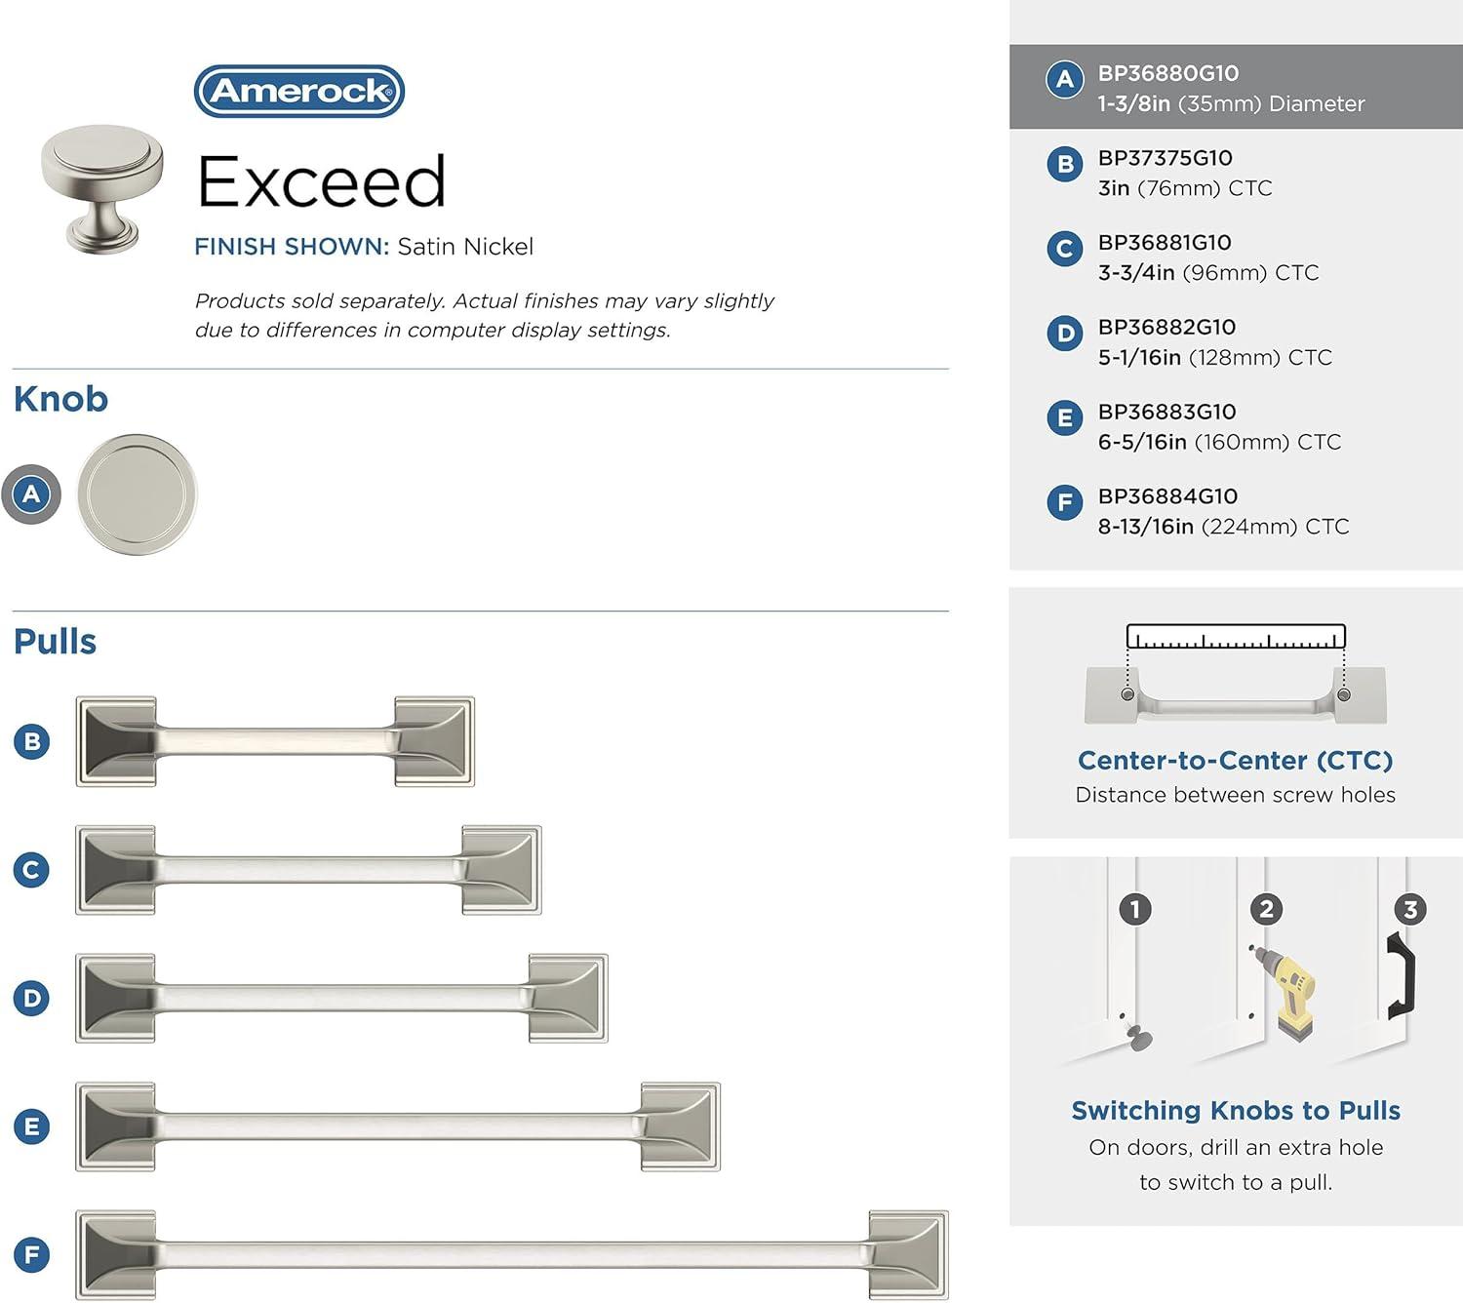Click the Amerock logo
[x=299, y=91]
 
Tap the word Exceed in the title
[x=321, y=181]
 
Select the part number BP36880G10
[x=1167, y=73]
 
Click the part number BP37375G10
[x=1165, y=157]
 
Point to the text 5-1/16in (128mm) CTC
[x=1214, y=357]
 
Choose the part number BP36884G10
[x=1167, y=496]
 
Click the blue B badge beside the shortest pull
[x=32, y=742]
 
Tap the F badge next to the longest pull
[x=32, y=1254]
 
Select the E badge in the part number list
[x=1064, y=417]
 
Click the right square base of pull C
[x=501, y=870]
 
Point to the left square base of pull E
[x=115, y=1126]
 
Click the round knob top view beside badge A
[x=137, y=494]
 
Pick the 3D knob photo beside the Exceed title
[x=101, y=189]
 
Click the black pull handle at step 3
[x=1402, y=975]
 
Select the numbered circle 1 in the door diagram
[x=1134, y=909]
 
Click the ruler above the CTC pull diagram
[x=1236, y=636]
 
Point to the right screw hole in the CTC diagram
[x=1343, y=694]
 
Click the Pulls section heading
[x=55, y=642]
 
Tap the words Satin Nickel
[x=465, y=247]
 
